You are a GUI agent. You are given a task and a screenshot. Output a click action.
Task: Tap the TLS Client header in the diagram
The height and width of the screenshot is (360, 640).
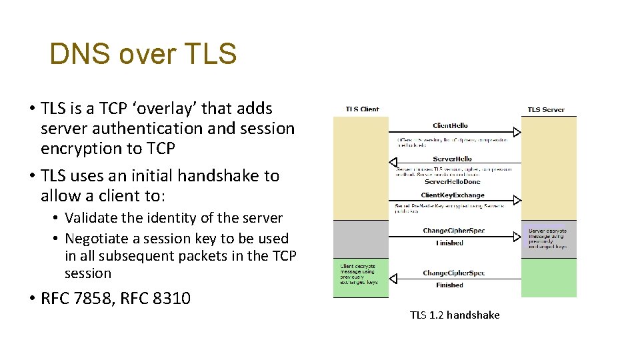[362, 109]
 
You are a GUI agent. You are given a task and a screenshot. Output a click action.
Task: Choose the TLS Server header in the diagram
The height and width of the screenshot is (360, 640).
[545, 109]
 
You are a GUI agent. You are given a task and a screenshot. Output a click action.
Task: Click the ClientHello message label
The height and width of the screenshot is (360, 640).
[450, 125]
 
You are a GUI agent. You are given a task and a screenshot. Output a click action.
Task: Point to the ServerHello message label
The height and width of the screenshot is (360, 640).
[452, 159]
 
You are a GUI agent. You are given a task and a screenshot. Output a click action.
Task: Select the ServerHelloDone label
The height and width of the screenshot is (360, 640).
[452, 181]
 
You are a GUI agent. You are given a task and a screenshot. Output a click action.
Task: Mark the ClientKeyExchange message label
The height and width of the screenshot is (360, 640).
[453, 195]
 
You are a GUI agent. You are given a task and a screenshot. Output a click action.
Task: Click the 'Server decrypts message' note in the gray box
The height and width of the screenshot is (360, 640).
[547, 238]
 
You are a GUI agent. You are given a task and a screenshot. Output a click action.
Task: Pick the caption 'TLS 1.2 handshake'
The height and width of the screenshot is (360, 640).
[455, 315]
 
